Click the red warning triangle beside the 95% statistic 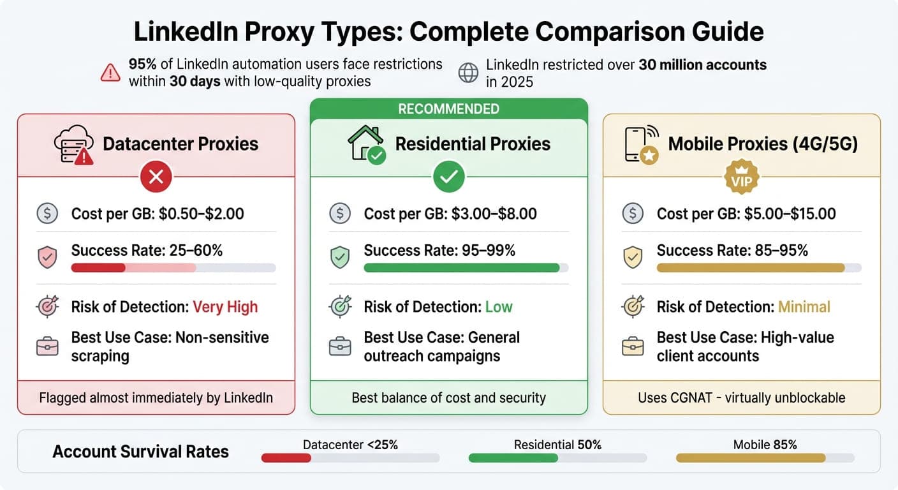(x=111, y=73)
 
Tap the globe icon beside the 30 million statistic (x=468, y=73)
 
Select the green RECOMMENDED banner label (x=448, y=108)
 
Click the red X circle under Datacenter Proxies (x=156, y=177)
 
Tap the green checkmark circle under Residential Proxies (x=448, y=177)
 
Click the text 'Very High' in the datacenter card (x=225, y=307)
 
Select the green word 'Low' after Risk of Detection (x=499, y=307)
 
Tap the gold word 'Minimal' (x=804, y=307)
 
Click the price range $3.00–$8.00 (x=494, y=214)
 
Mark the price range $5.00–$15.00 (x=791, y=214)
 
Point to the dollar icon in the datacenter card (x=47, y=214)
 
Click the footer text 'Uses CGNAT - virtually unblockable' (x=741, y=398)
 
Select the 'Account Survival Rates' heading (x=140, y=452)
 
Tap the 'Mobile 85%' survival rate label (x=765, y=445)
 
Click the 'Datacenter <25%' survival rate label (x=350, y=445)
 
